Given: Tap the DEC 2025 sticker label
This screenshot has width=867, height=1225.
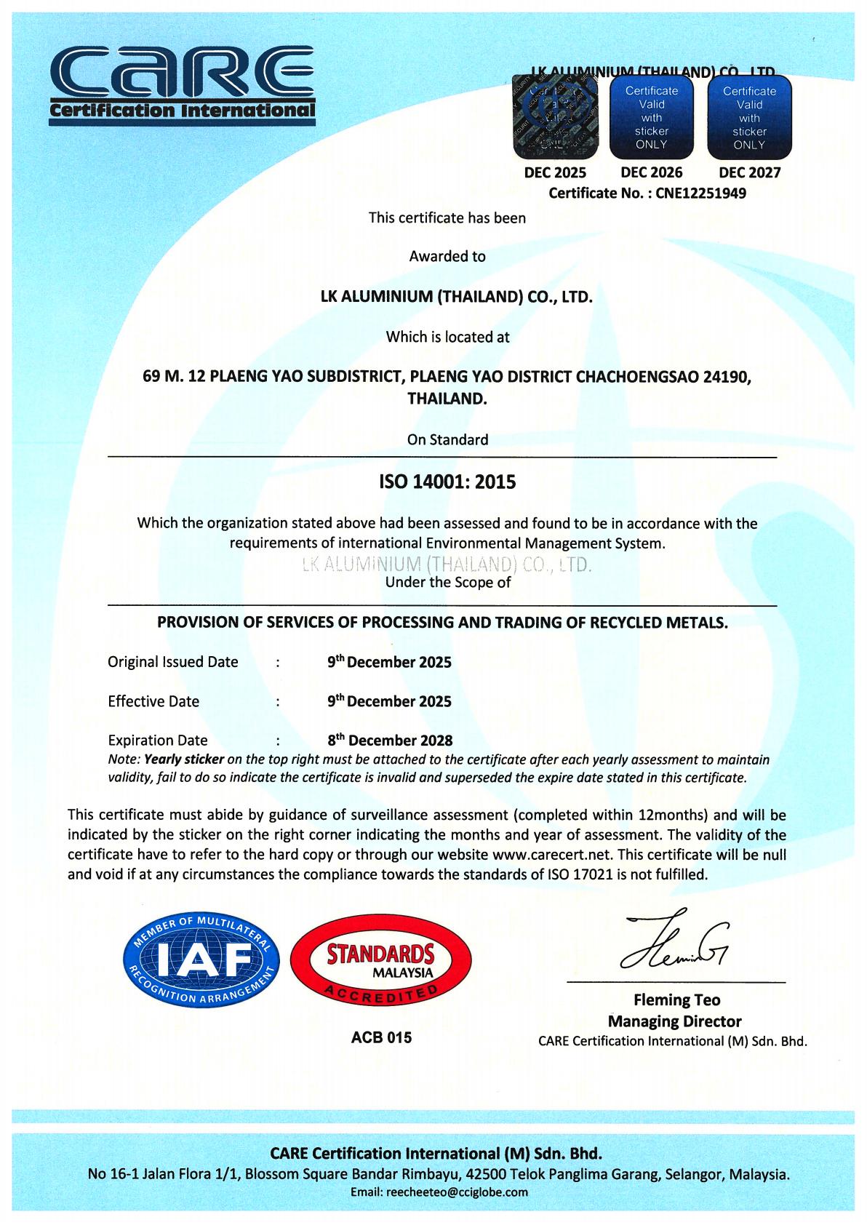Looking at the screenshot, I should pos(555,172).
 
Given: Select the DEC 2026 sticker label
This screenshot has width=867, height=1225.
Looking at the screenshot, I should pos(652,172).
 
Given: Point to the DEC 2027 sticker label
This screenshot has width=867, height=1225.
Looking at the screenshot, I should pos(749,172).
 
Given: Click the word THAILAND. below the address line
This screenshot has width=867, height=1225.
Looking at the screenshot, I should pos(447,399).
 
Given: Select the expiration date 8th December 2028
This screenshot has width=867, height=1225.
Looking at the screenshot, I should pos(390,741).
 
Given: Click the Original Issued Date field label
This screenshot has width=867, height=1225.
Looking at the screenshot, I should pos(173,662).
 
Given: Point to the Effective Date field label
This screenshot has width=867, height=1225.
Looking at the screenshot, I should pos(153,701).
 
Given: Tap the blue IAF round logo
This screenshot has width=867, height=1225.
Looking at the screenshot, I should pos(201,962).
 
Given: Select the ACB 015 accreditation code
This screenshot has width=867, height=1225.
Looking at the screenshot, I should pos(381,1038).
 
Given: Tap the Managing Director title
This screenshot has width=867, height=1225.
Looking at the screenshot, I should pos(675,1021).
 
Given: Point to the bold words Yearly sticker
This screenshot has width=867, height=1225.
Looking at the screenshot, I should pos(184,759).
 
